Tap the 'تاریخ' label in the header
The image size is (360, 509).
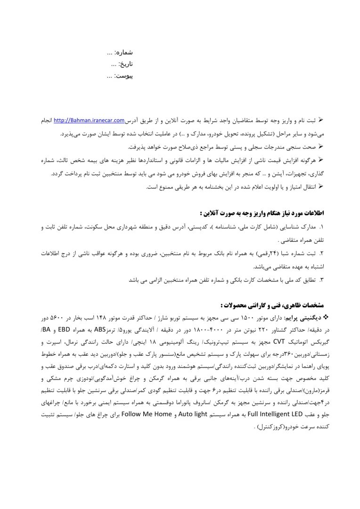tap(125, 63)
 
